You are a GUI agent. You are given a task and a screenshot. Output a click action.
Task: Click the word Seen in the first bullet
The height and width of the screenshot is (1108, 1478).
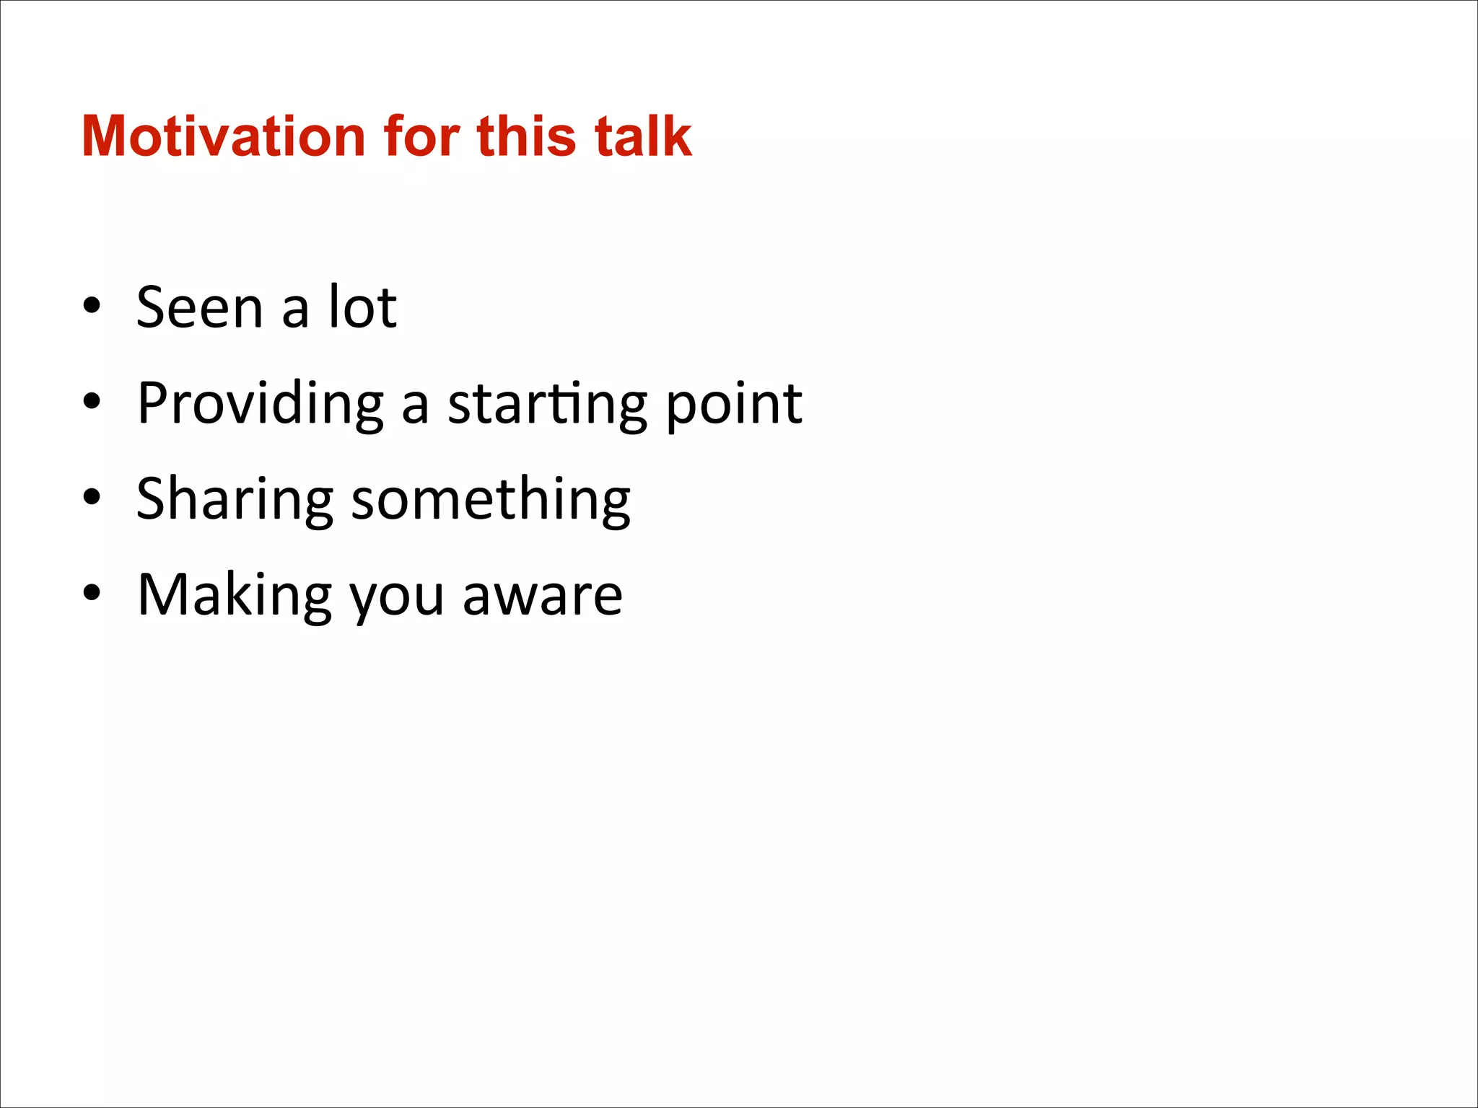[x=200, y=307]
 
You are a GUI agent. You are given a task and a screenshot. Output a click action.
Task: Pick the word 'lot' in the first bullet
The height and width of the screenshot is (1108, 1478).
[x=362, y=307]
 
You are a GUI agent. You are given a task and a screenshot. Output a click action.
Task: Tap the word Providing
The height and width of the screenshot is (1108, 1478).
[x=261, y=404]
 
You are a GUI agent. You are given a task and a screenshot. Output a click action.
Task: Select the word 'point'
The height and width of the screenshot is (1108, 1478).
[x=733, y=404]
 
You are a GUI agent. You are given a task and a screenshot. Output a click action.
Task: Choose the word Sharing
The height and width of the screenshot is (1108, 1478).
[x=235, y=499]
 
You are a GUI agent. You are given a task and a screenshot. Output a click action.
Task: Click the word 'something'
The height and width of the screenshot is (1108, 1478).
[x=491, y=499]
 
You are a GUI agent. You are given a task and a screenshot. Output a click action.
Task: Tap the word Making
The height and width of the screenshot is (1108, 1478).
[x=235, y=595]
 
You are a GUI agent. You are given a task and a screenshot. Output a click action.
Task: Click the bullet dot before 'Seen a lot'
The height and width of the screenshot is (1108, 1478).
[x=92, y=306]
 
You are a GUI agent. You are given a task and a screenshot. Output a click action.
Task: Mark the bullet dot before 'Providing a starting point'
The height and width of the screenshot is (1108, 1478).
[x=92, y=401]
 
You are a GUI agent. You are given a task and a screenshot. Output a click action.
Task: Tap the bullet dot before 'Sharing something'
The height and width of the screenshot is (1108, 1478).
[x=92, y=497]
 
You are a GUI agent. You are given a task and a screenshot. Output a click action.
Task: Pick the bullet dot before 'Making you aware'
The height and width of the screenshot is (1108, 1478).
[x=92, y=593]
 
